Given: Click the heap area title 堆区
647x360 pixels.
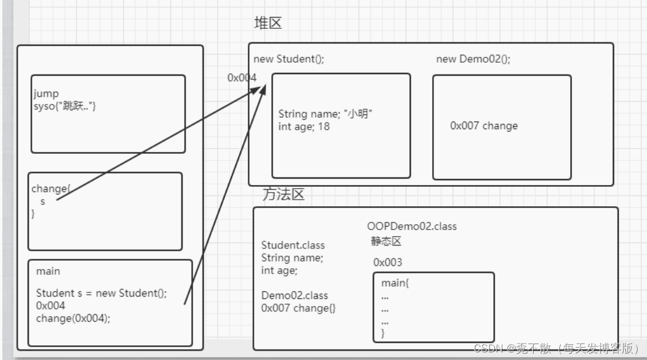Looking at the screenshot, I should pyautogui.click(x=268, y=23).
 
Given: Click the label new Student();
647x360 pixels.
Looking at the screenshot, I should pyautogui.click(x=288, y=59).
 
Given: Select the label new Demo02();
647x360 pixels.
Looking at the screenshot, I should pyautogui.click(x=473, y=59).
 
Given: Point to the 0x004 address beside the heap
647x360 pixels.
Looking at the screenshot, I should pyautogui.click(x=242, y=78).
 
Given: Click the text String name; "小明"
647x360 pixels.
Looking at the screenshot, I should pyautogui.click(x=326, y=114).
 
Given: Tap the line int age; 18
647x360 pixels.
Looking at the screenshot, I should pyautogui.click(x=304, y=126).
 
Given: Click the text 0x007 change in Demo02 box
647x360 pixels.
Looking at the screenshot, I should pyautogui.click(x=484, y=126).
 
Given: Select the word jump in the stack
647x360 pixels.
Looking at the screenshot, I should pyautogui.click(x=46, y=93).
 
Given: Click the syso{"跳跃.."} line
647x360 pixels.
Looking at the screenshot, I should pyautogui.click(x=65, y=105).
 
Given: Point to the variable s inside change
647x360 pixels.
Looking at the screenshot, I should pyautogui.click(x=42, y=201).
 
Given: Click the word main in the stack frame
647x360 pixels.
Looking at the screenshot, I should pyautogui.click(x=48, y=271).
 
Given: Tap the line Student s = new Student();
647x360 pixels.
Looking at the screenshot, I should pyautogui.click(x=102, y=293).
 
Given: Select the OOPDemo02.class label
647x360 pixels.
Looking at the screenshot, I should pyautogui.click(x=412, y=226).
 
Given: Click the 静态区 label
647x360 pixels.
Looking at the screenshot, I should pyautogui.click(x=386, y=241).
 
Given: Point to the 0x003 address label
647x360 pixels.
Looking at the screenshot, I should pyautogui.click(x=388, y=263).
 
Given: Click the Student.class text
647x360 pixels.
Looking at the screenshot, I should pyautogui.click(x=293, y=245).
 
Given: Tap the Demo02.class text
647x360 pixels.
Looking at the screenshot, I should pyautogui.click(x=295, y=295).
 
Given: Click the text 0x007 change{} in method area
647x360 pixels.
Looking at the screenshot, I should pyautogui.click(x=299, y=308).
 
